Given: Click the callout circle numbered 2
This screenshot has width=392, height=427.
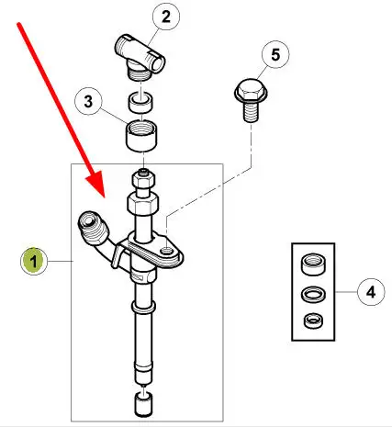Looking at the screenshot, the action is [165, 17].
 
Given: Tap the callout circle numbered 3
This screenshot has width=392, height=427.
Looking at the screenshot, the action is [88, 101].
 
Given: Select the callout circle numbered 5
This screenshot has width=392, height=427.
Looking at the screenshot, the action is [275, 54].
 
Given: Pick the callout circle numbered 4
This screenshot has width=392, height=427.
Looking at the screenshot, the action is [371, 292].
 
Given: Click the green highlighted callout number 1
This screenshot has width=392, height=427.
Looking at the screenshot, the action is [34, 261].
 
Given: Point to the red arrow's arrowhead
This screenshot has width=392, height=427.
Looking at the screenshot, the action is [96, 185].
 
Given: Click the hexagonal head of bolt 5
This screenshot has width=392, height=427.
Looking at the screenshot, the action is [251, 91].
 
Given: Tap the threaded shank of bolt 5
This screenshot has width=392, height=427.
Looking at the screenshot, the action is [251, 112].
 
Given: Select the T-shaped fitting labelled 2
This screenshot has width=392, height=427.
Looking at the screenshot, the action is [140, 58].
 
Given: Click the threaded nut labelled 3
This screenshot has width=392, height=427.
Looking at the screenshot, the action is [141, 136].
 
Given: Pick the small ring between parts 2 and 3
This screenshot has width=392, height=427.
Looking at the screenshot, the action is [140, 103].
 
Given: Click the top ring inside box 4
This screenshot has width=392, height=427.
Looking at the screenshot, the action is [313, 264].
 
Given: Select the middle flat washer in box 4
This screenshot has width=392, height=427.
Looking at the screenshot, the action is [313, 294].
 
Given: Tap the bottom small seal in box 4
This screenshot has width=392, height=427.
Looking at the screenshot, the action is [313, 320].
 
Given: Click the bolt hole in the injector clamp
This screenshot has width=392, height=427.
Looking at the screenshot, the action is [166, 251].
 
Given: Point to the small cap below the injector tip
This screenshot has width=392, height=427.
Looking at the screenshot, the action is [143, 405].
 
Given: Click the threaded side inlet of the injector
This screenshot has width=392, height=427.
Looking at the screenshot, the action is [93, 228].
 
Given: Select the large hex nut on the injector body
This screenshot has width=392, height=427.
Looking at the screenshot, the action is [142, 203].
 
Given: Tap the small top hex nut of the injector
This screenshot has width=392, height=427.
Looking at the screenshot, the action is [143, 178].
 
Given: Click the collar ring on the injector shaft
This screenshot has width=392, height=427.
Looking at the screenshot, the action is [143, 306].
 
